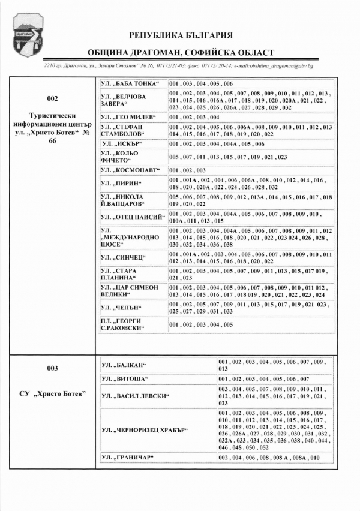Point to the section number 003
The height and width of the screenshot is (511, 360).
point(52,368)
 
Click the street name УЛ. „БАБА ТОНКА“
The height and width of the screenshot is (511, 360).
point(128,83)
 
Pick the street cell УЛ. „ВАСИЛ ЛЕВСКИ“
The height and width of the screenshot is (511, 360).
point(135,396)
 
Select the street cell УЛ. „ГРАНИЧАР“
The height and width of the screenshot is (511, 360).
point(127,458)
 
